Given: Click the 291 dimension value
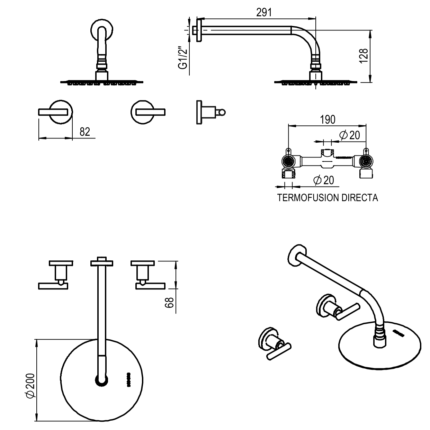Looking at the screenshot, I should point(264,12).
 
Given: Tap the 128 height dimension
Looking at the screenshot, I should point(364,56).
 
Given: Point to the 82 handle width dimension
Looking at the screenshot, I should point(85,132).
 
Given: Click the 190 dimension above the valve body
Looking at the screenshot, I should point(328,120).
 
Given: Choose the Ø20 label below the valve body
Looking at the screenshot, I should point(324,180).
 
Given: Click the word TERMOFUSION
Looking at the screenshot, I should point(308,198).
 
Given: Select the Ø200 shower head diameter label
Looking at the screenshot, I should point(30,386).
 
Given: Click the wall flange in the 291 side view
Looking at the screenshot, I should point(199,30).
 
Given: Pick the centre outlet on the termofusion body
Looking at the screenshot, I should point(327,155).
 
